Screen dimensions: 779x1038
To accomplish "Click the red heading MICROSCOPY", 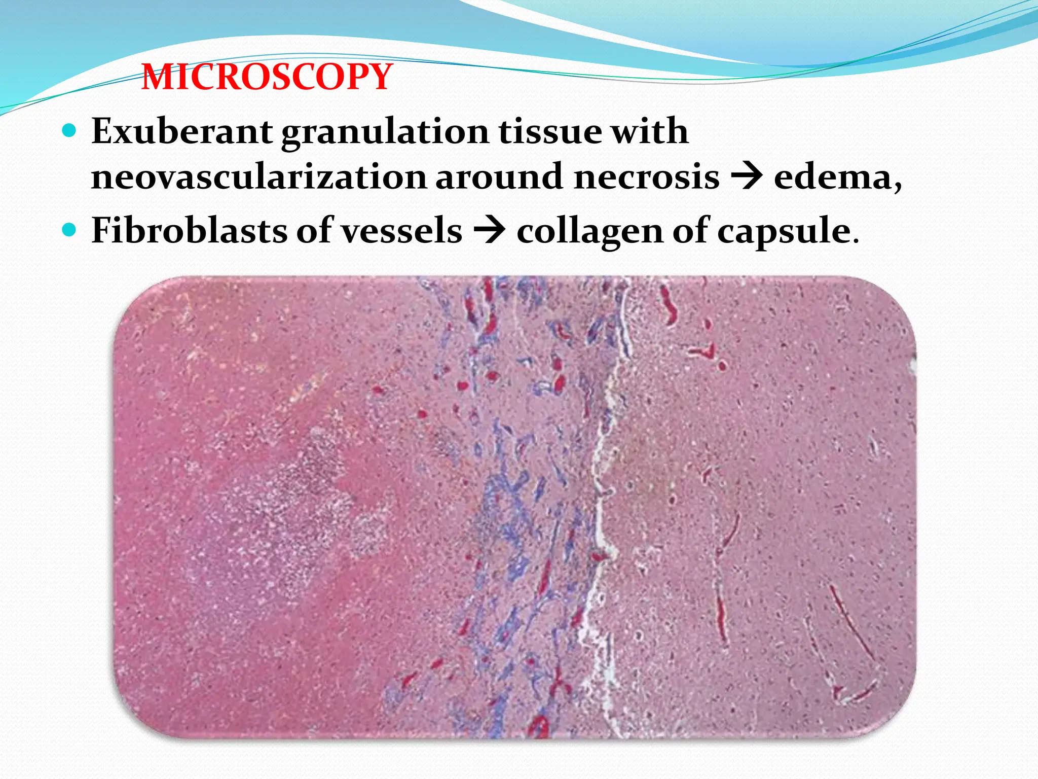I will click(267, 77).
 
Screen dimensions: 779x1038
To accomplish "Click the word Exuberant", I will click(182, 131).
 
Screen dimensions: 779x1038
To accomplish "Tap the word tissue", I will click(549, 131).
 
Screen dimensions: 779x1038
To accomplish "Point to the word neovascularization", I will click(258, 177).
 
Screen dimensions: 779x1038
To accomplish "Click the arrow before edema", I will click(746, 177).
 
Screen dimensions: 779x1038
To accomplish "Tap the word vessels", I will click(401, 231).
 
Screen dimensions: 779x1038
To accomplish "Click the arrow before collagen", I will click(489, 231).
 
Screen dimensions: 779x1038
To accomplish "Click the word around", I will click(500, 177).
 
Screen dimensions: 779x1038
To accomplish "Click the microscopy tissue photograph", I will click(515, 507).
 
